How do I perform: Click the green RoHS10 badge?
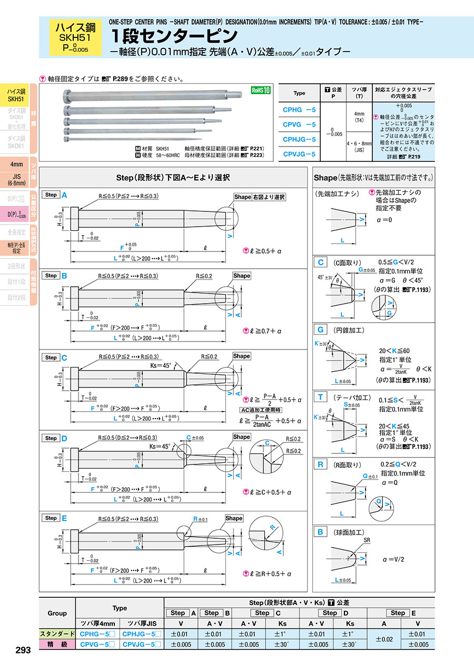click(260, 90)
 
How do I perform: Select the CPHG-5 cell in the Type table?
click(299, 110)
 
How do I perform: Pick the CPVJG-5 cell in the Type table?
click(299, 154)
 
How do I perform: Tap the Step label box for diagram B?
click(51, 275)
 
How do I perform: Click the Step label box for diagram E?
click(51, 518)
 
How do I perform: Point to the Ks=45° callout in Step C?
click(161, 365)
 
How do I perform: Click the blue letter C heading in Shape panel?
click(319, 263)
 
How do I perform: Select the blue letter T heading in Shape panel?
click(319, 397)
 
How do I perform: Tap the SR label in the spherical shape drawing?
click(367, 541)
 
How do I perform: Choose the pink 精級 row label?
click(57, 644)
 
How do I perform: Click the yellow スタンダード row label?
click(57, 634)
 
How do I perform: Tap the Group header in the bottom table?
click(57, 613)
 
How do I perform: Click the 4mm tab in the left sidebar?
click(16, 164)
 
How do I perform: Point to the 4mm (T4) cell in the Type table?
click(359, 116)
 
